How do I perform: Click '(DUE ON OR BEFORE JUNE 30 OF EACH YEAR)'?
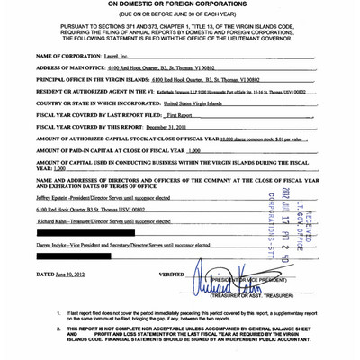180,15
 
